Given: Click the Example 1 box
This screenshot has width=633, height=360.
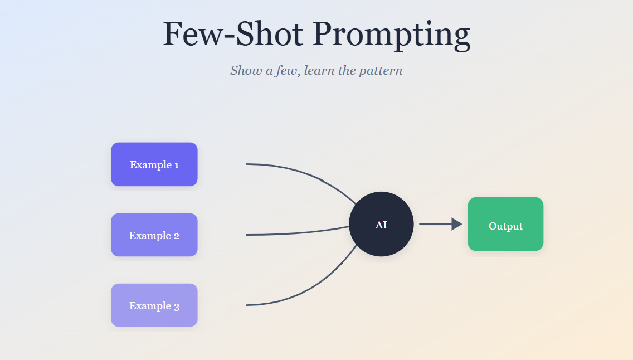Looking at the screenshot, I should (x=154, y=164).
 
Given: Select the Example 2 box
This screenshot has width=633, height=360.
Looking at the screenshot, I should (x=154, y=235).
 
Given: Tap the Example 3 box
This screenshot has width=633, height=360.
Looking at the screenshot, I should (x=154, y=305).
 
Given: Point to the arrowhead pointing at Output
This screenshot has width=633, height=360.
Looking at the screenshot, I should (x=456, y=224).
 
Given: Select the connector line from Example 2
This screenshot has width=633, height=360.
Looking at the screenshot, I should (x=295, y=233).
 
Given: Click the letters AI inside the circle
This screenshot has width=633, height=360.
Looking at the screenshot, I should (x=381, y=225).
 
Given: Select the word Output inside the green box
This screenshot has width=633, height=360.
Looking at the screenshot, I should (x=505, y=226).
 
